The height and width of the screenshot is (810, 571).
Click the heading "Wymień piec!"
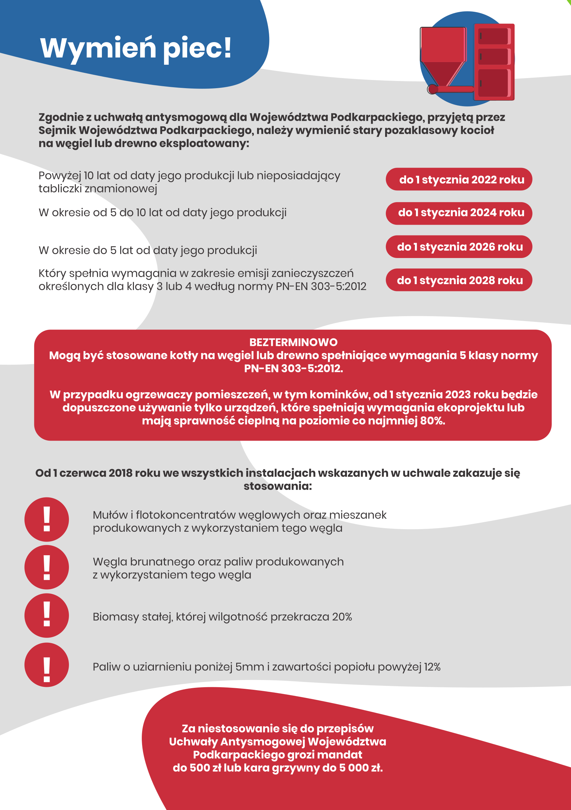(x=136, y=48)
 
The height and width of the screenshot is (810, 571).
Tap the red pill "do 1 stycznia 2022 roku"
(x=459, y=179)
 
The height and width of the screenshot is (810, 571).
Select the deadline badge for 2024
(x=459, y=213)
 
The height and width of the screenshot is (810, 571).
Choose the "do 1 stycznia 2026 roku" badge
(x=459, y=247)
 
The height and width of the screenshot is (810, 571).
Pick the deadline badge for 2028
(x=459, y=280)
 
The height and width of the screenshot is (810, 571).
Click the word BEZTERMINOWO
(x=293, y=342)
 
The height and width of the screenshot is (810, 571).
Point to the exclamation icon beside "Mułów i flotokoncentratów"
(x=47, y=519)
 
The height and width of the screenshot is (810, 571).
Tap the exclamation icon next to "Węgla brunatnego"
(x=47, y=567)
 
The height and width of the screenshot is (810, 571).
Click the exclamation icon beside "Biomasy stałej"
(x=47, y=616)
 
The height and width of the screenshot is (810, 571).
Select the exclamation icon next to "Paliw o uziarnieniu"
(x=47, y=665)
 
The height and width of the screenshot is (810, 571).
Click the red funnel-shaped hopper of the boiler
(x=443, y=57)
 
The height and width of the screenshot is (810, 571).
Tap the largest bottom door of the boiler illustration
(x=494, y=83)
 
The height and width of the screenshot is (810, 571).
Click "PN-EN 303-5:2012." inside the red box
(x=293, y=369)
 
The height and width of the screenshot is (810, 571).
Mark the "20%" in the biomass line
(x=342, y=617)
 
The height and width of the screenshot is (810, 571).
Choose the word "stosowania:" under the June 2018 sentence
(x=278, y=486)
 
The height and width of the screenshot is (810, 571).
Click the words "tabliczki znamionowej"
(x=98, y=189)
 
